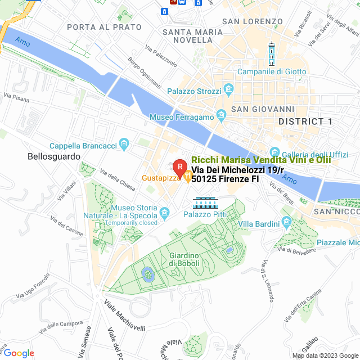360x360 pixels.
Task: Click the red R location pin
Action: [x=179, y=167]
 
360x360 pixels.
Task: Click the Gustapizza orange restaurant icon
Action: [x=187, y=178]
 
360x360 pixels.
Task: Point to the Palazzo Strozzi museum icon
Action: [x=228, y=89]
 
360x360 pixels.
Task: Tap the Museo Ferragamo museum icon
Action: [x=221, y=116]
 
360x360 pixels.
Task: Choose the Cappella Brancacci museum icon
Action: [x=124, y=146]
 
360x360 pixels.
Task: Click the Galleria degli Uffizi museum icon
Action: [x=275, y=152]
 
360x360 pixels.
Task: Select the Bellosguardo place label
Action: [x=54, y=157]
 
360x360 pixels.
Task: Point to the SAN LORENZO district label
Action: [x=253, y=21]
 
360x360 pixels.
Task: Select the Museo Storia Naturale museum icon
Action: [x=165, y=212]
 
